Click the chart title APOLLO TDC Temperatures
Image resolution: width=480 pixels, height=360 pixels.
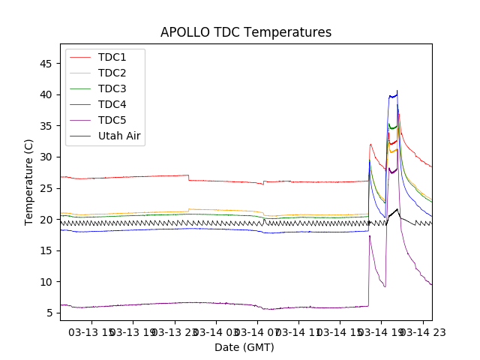(245, 32)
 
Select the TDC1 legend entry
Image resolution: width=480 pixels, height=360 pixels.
(112, 57)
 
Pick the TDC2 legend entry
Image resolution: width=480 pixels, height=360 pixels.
(112, 73)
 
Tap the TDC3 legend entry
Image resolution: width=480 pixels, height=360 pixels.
(112, 88)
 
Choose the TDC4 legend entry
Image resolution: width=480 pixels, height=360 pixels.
(112, 104)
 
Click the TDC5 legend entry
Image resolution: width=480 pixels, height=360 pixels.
(112, 120)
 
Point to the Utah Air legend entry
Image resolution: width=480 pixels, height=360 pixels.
(119, 136)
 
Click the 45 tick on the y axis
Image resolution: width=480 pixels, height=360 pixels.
(46, 63)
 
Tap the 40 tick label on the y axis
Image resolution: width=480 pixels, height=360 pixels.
(46, 94)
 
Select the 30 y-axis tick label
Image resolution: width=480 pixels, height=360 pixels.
(46, 157)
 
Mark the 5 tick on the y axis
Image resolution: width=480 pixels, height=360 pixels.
(49, 313)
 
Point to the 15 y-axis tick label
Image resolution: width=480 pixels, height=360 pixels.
(46, 281)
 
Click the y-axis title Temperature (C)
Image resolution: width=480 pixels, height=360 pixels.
(28, 181)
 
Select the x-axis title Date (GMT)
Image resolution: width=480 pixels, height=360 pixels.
(244, 347)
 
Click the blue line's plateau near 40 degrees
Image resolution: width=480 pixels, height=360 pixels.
(392, 95)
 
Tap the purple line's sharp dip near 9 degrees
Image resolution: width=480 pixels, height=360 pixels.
(385, 286)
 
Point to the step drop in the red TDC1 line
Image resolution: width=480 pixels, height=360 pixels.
(188, 178)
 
